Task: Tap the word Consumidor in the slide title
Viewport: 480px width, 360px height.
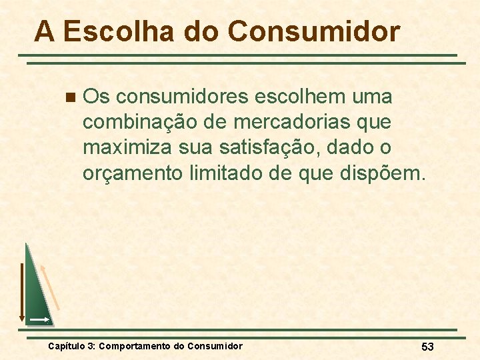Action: pyautogui.click(x=313, y=31)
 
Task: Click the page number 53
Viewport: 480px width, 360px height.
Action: pyautogui.click(x=427, y=346)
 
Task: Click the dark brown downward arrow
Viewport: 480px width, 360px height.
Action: pyautogui.click(x=21, y=292)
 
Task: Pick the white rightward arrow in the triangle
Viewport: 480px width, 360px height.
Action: pyautogui.click(x=39, y=320)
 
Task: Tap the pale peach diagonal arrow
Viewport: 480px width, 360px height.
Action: pyautogui.click(x=50, y=287)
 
